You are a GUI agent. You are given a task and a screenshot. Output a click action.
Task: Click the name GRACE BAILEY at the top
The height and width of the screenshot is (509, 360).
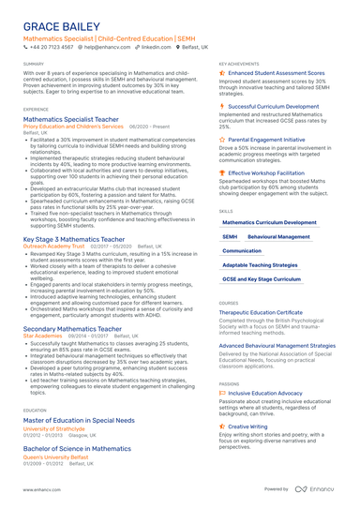tap(62, 24)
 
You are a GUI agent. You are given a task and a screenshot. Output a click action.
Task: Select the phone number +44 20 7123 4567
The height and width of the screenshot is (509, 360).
tap(52, 45)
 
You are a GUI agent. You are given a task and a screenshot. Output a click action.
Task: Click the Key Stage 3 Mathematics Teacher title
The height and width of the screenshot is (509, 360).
tap(74, 239)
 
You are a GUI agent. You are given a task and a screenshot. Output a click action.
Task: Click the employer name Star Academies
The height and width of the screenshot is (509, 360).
tap(42, 336)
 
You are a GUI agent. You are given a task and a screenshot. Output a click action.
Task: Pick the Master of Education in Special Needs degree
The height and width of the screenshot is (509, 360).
tap(82, 421)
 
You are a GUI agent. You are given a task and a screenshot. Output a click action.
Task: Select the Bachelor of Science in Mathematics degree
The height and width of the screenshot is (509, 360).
tap(77, 449)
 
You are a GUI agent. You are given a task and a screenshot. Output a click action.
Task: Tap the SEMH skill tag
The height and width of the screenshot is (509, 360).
tap(230, 237)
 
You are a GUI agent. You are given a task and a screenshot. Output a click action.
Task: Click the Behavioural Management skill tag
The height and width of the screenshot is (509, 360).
tap(278, 237)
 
